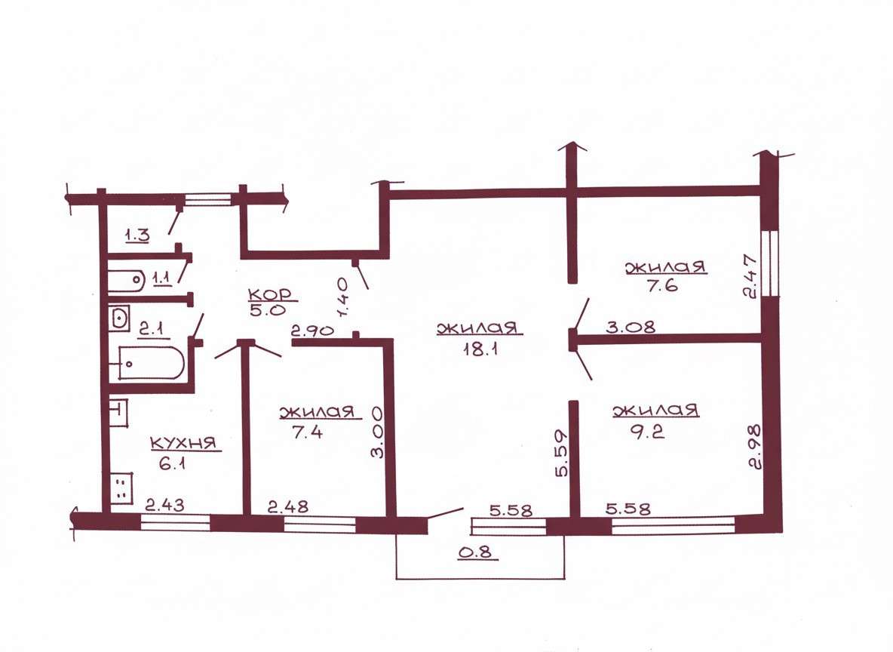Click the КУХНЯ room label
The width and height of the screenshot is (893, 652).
(183, 443)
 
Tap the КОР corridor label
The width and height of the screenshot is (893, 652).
(270, 294)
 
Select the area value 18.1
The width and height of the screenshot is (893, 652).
(481, 349)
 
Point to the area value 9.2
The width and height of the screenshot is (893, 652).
(648, 432)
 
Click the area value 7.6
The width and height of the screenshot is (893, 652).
(661, 285)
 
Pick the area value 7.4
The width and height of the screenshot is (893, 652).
(307, 432)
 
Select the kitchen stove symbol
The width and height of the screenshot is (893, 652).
(121, 488)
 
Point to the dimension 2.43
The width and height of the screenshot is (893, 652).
(164, 505)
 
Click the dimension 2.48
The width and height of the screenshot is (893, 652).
(288, 506)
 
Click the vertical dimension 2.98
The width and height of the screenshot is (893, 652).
(755, 446)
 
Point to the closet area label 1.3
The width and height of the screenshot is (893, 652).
(137, 234)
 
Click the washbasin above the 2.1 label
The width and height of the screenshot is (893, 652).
(120, 318)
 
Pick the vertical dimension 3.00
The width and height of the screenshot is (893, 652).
(376, 432)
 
